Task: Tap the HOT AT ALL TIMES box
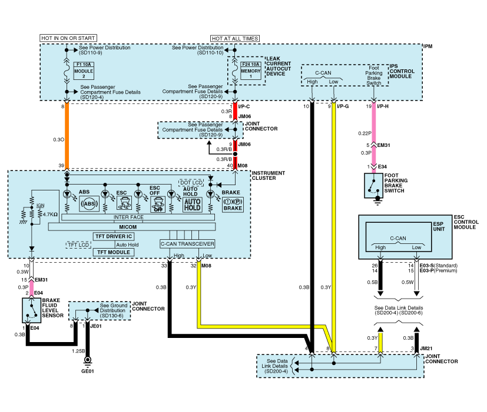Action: [235, 38]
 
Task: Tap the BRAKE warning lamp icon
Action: [232, 205]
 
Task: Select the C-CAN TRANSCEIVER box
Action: [187, 243]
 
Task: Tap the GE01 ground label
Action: [88, 371]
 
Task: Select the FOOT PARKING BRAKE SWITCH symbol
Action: [372, 185]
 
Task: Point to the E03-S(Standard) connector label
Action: [440, 266]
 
